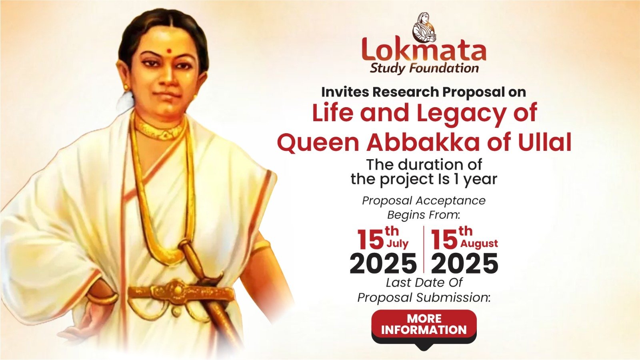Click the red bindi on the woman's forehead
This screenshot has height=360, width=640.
(170, 51)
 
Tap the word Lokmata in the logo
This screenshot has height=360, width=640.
(424, 52)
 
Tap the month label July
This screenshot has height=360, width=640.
(398, 244)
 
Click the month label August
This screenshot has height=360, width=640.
(479, 244)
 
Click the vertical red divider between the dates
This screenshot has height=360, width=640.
(424, 249)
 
